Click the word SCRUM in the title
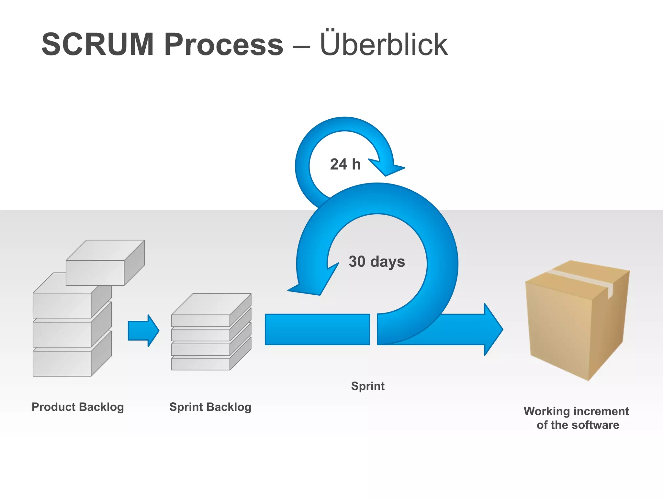click(97, 44)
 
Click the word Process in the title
click(224, 44)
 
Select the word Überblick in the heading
click(384, 44)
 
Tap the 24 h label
click(345, 164)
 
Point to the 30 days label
click(376, 261)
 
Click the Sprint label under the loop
click(368, 386)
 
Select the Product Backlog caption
click(78, 407)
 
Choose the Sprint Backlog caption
click(210, 407)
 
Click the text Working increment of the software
click(577, 418)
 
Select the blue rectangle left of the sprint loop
click(317, 329)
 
